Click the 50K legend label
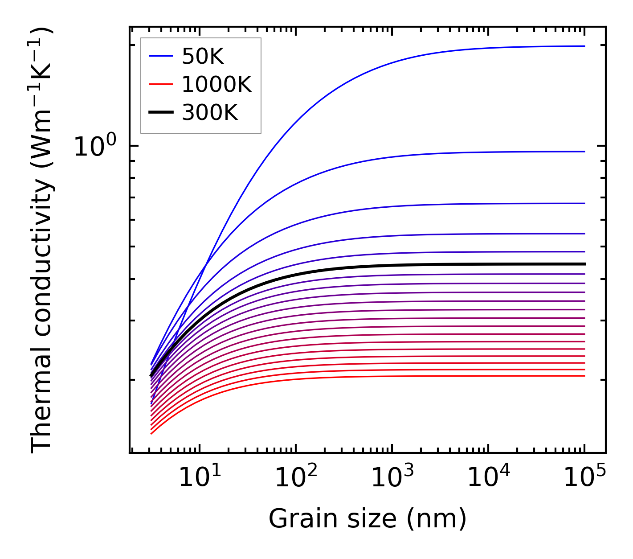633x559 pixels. point(203,56)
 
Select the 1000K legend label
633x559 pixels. point(216,84)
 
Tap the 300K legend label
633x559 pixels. point(210,113)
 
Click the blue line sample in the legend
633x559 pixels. point(160,56)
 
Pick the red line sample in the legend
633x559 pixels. point(160,84)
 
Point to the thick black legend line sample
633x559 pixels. point(160,113)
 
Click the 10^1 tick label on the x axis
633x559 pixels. point(199,478)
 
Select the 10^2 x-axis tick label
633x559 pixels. point(296,478)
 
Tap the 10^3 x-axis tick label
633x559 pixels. point(392,478)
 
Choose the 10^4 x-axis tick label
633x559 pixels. point(488,478)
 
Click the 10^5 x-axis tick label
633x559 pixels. point(584,478)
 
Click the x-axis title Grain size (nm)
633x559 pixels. point(368,519)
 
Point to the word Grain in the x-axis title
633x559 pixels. point(294,519)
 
